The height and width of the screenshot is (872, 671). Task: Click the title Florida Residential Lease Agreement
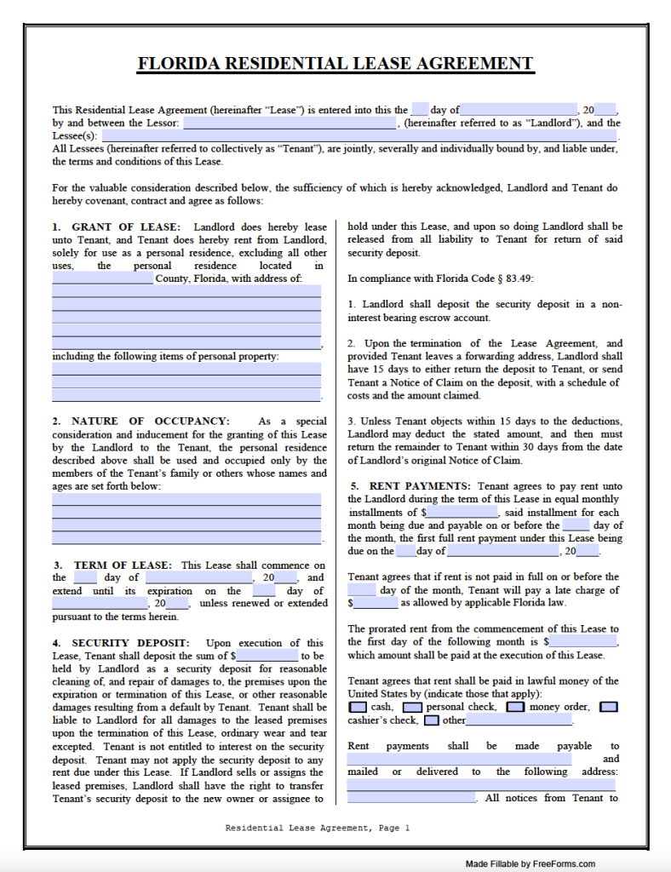335,64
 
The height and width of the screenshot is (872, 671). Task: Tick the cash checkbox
358,707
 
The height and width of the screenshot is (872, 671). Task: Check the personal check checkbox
412,707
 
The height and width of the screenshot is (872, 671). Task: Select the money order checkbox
515,707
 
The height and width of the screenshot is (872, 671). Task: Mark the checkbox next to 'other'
432,720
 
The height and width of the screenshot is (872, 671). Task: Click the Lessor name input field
290,123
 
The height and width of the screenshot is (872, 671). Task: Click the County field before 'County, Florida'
102,278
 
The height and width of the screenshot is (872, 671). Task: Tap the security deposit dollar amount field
267,657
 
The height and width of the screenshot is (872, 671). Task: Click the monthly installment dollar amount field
462,513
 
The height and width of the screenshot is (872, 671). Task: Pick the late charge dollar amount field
376,603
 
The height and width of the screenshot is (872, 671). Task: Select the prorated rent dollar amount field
583,641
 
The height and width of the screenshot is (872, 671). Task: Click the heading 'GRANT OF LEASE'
126,227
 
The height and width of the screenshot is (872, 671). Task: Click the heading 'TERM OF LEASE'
123,565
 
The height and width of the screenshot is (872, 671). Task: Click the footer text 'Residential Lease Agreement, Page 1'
318,827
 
